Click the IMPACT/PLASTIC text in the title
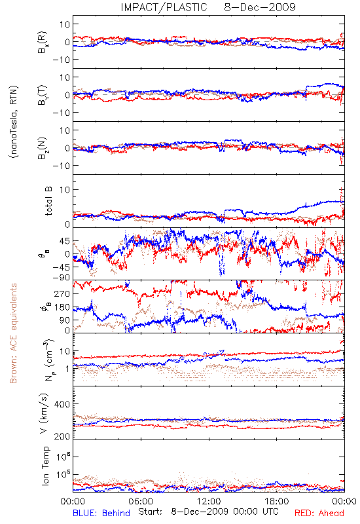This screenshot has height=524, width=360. pyautogui.click(x=164, y=7)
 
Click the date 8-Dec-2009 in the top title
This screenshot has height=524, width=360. pyautogui.click(x=260, y=7)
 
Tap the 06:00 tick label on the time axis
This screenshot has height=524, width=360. pyautogui.click(x=141, y=501)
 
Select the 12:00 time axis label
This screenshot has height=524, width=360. pyautogui.click(x=209, y=501)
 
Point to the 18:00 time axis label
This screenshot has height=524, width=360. pyautogui.click(x=277, y=501)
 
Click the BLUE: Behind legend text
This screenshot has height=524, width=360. pyautogui.click(x=101, y=513)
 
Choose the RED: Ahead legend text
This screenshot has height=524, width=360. pyautogui.click(x=319, y=513)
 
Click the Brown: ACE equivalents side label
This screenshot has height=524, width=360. pyautogui.click(x=13, y=333)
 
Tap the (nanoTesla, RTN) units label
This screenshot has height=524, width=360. pyautogui.click(x=14, y=122)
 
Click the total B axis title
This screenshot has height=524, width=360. pyautogui.click(x=48, y=201)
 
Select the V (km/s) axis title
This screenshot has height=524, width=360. pyautogui.click(x=45, y=413)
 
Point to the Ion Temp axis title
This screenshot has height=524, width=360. pyautogui.click(x=46, y=466)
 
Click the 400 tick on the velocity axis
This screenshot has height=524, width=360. pyautogui.click(x=62, y=404)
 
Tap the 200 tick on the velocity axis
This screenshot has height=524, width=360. pyautogui.click(x=62, y=436)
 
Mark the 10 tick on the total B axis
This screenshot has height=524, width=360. pyautogui.click(x=65, y=190)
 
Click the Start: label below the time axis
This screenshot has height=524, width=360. pyautogui.click(x=151, y=512)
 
